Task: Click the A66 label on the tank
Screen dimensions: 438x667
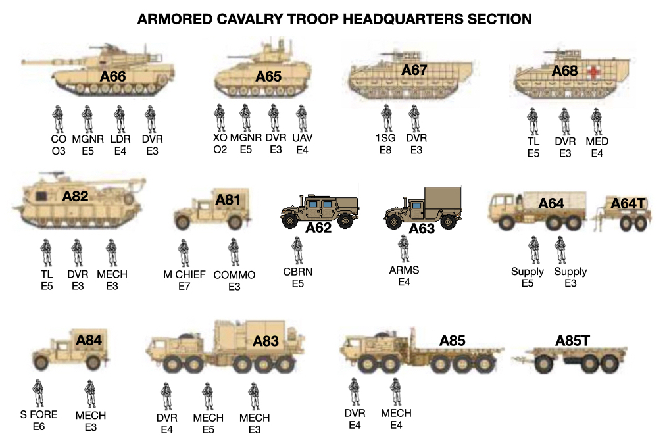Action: click(112, 77)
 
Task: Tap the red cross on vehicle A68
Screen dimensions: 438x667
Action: click(594, 72)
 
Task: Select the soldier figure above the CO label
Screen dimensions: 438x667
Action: click(58, 119)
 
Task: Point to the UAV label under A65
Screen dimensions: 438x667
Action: click(302, 139)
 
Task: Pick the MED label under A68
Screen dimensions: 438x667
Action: click(597, 141)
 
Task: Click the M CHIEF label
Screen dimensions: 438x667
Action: click(184, 274)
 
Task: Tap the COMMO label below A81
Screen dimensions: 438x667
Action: click(234, 275)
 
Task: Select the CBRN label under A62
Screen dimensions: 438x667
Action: click(298, 272)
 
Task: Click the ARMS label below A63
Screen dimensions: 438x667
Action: click(404, 270)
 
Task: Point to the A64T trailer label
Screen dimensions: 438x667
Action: click(628, 203)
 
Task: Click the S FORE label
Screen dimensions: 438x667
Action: click(38, 414)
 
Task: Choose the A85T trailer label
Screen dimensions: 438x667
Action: click(572, 340)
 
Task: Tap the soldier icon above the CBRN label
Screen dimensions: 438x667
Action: click(298, 250)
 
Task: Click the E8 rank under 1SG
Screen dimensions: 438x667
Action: click(385, 150)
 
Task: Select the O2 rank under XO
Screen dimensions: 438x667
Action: click(220, 150)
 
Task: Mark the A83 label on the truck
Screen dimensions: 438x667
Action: click(266, 341)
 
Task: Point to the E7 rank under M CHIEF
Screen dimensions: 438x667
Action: click(184, 286)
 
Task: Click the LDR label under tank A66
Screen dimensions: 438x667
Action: click(120, 139)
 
